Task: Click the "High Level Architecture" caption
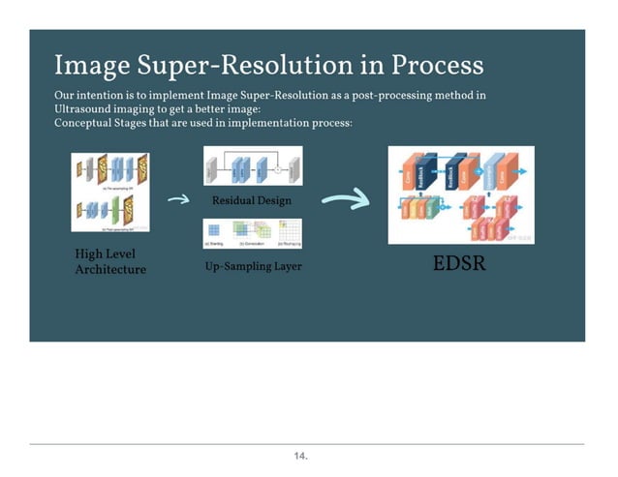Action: coord(110,261)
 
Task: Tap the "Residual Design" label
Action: coord(251,201)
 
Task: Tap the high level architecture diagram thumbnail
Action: coord(109,191)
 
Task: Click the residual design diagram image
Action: coord(252,168)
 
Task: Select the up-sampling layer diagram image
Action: coord(252,232)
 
